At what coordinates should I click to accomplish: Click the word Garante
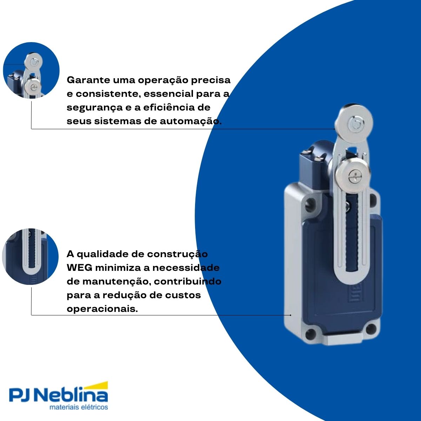pos(86,80)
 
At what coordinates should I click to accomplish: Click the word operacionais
pos(102,309)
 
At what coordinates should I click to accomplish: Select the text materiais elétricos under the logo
pos(79,407)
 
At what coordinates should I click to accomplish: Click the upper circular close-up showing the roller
pos(31,71)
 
